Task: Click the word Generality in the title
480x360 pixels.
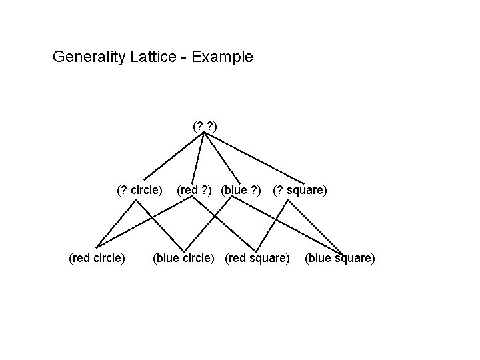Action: (87, 57)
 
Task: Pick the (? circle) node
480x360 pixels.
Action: (139, 190)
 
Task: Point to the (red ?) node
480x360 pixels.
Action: (195, 190)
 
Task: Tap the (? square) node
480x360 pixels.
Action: (299, 190)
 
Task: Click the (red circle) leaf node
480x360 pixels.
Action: (97, 257)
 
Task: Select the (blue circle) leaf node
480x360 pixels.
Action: (186, 257)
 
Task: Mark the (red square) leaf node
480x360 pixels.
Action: (257, 257)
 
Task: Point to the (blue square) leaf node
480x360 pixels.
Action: (340, 257)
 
